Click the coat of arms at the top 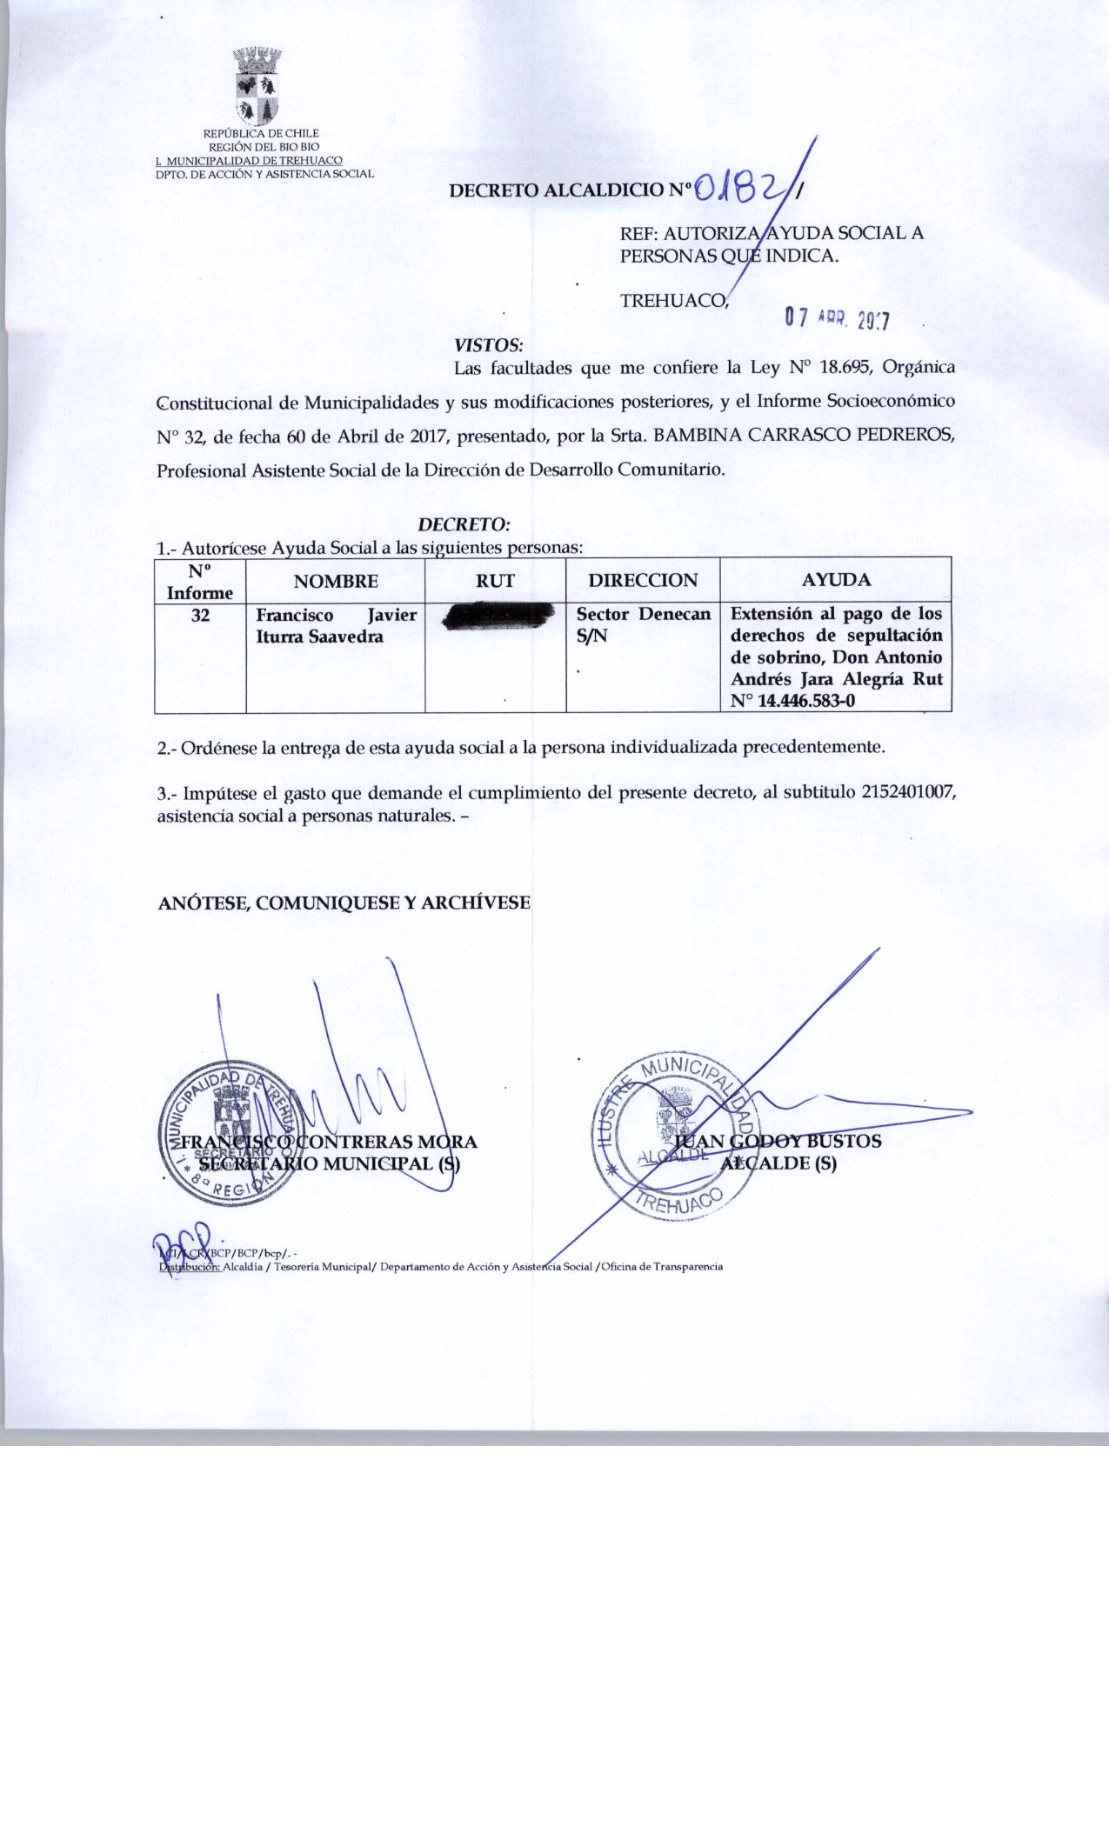(x=257, y=88)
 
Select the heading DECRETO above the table (x=464, y=525)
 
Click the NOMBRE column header (x=335, y=581)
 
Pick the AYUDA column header (x=836, y=580)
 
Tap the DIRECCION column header (x=643, y=580)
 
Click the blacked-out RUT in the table (x=497, y=616)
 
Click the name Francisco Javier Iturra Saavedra (x=336, y=626)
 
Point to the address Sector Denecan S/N (x=643, y=625)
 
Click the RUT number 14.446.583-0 (x=806, y=699)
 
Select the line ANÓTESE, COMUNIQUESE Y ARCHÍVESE (x=344, y=903)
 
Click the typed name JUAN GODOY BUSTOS (x=778, y=1141)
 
